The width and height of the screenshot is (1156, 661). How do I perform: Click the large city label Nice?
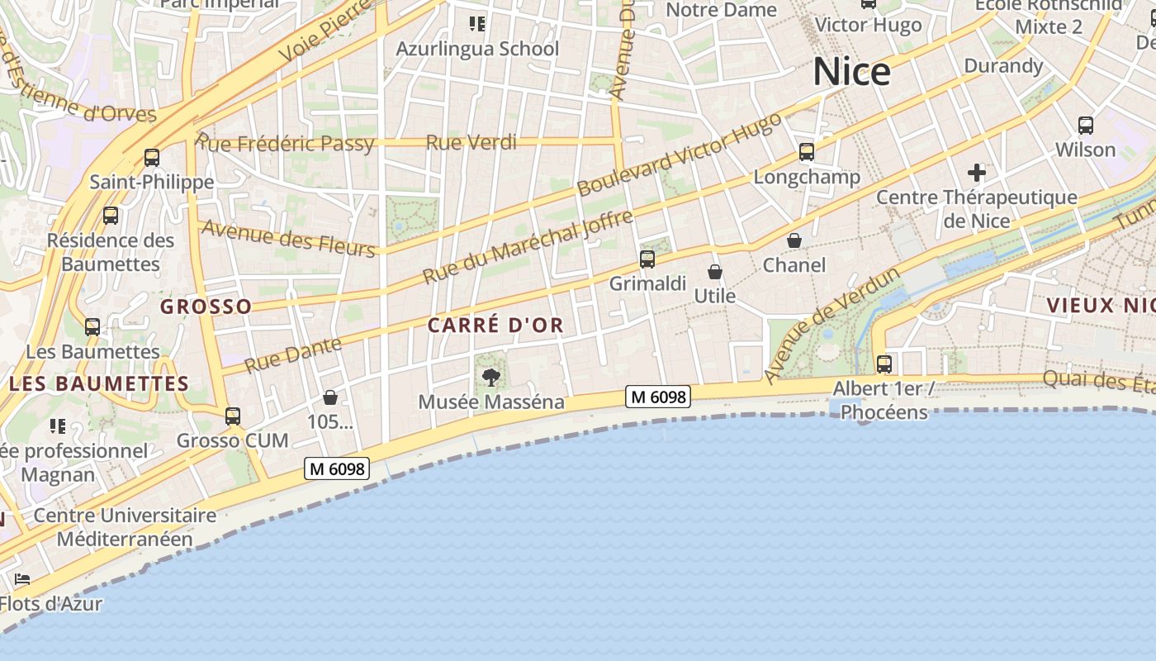(851, 73)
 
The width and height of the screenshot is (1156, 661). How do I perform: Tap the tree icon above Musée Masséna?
(491, 378)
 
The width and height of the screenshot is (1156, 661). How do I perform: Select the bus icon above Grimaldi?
(647, 259)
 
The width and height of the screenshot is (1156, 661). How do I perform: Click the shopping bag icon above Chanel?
(794, 240)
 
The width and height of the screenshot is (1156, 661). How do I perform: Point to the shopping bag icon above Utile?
(715, 272)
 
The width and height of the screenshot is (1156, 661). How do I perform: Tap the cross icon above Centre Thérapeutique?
(977, 173)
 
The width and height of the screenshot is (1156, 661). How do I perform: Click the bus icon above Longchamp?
(807, 152)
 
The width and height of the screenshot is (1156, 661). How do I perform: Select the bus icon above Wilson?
(1086, 126)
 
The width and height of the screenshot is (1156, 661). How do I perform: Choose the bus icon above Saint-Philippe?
(152, 158)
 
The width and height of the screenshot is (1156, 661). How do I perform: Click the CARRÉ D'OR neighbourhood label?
(495, 326)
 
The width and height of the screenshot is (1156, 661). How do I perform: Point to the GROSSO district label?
(206, 307)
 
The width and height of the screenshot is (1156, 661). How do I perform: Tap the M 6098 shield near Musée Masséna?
(657, 397)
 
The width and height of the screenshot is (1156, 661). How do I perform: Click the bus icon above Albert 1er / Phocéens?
(884, 364)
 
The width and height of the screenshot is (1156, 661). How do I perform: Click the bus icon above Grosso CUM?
(233, 416)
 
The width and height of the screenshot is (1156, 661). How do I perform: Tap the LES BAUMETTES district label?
(99, 383)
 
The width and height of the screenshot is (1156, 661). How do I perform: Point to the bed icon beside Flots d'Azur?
(22, 579)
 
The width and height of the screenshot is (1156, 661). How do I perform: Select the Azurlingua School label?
(477, 49)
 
